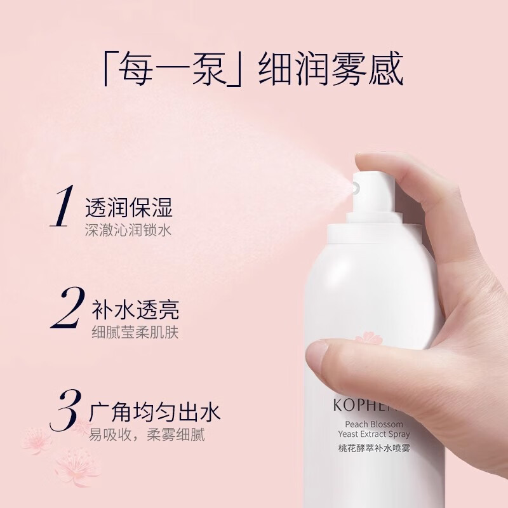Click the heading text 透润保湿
pyautogui.click(x=129, y=208)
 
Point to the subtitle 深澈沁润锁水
pyautogui.click(x=128, y=230)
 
